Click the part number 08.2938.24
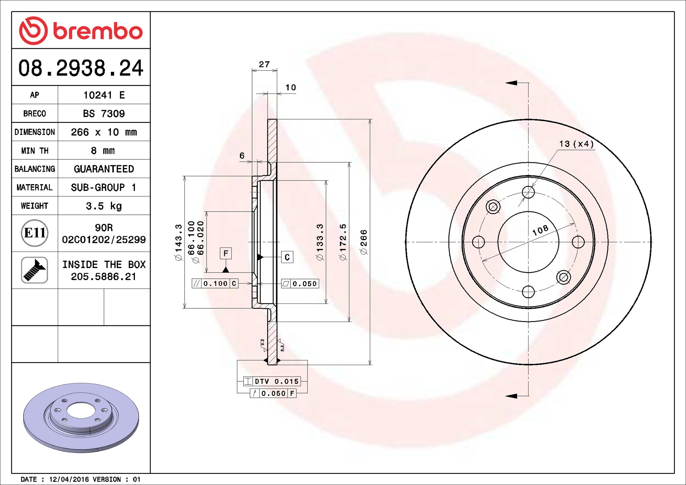click(x=81, y=68)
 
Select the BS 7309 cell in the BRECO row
click(x=104, y=114)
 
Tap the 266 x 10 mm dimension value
click(x=104, y=132)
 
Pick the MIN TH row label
click(x=35, y=151)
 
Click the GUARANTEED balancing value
click(x=104, y=169)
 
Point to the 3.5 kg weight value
click(x=104, y=206)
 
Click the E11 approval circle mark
click(x=35, y=233)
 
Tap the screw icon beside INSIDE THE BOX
click(x=35, y=270)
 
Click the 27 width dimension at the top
click(x=264, y=64)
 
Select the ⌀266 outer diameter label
click(x=364, y=242)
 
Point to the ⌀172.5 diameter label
click(x=343, y=242)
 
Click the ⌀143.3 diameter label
click(x=178, y=242)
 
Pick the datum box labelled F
click(x=226, y=253)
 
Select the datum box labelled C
click(x=287, y=257)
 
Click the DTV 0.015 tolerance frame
click(x=272, y=381)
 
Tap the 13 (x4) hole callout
click(x=576, y=144)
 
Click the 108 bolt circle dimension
click(x=540, y=230)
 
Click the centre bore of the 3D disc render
click(x=81, y=410)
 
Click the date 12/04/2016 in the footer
click(x=68, y=479)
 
